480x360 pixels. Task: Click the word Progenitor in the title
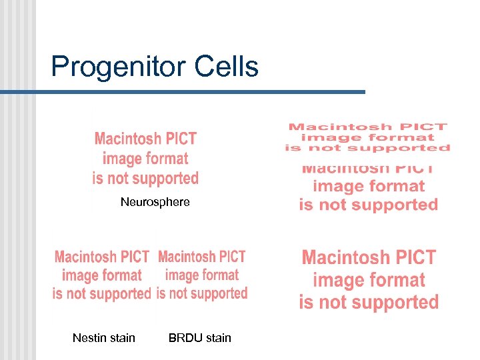click(119, 67)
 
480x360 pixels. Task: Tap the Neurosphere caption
click(155, 202)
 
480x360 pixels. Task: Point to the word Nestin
click(89, 338)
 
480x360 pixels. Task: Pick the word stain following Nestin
click(122, 338)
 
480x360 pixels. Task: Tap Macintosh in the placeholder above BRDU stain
click(187, 257)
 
